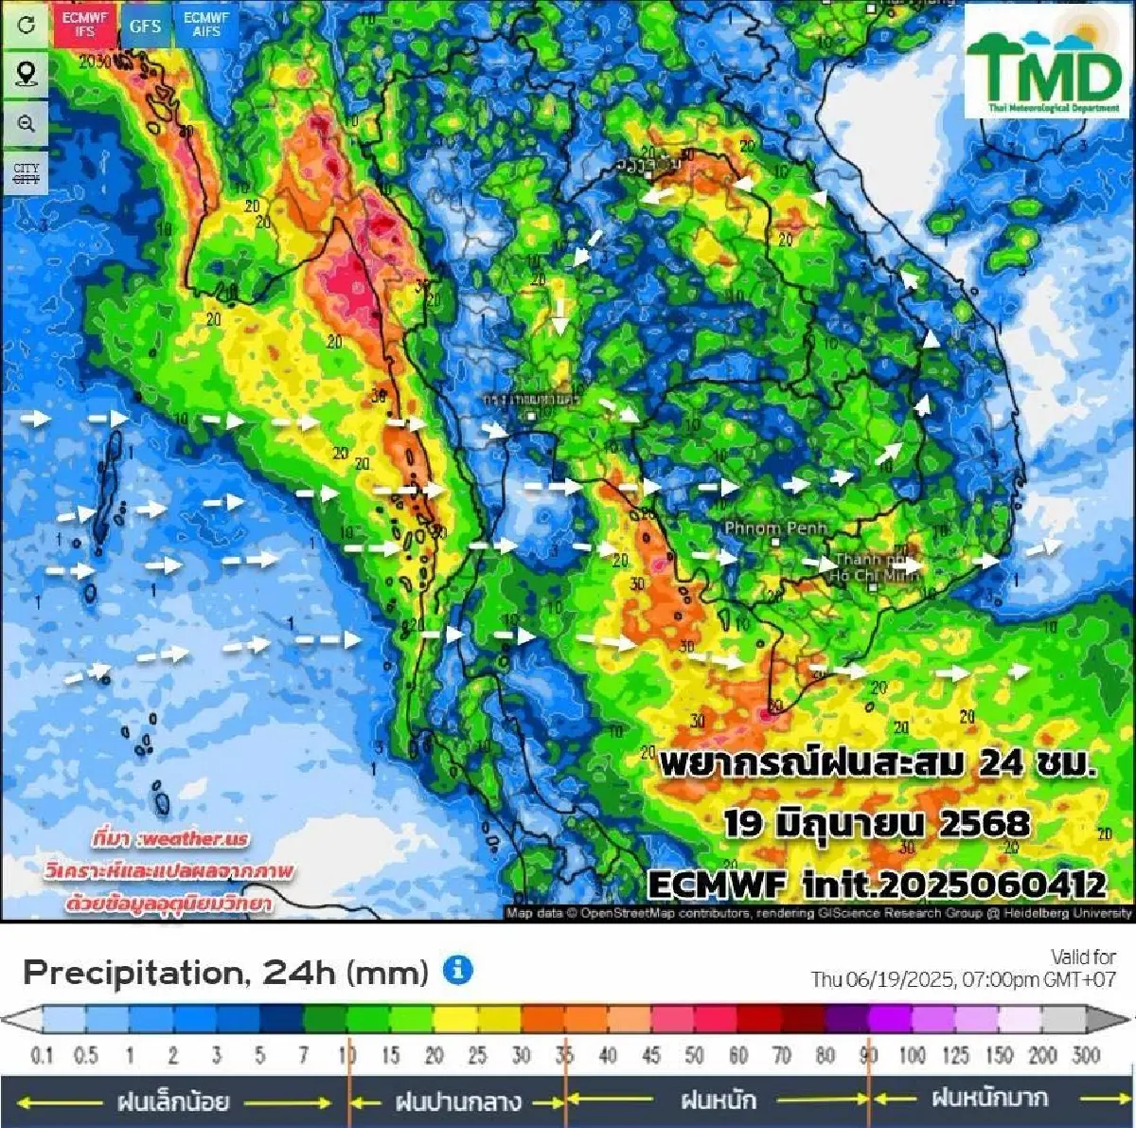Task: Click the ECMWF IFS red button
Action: pos(84,26)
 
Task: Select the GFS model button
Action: pos(145,26)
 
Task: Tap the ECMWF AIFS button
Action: pos(205,26)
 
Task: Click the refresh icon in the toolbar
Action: pos(26,25)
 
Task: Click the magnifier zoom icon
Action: pos(26,123)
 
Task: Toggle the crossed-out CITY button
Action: pos(26,174)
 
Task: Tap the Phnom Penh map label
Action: pos(775,528)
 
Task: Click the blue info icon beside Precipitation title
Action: pos(458,970)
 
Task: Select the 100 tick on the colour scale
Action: pos(913,1055)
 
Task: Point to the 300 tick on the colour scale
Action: pos(1086,1055)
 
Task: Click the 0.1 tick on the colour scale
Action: pos(42,1055)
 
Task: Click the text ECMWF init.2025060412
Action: pos(877,885)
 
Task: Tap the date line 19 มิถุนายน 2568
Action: pos(877,823)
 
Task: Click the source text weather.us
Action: pos(170,838)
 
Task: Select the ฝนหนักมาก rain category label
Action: pos(989,1099)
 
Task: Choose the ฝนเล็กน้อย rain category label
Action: pos(172,1101)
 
